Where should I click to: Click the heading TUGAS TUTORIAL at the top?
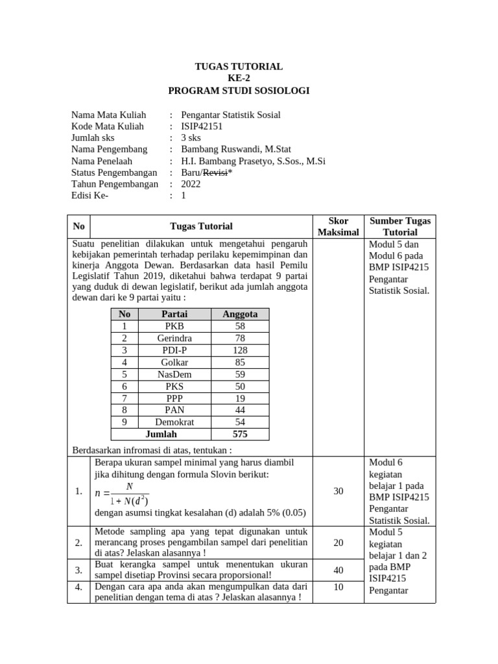click(239, 67)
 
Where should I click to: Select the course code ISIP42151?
click(202, 126)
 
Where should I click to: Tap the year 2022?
click(191, 184)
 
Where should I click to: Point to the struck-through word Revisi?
click(215, 172)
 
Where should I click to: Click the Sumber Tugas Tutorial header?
click(400, 226)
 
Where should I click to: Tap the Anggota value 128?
click(240, 350)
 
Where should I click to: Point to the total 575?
click(240, 434)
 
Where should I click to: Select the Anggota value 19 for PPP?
click(240, 398)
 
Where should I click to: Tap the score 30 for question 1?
click(338, 492)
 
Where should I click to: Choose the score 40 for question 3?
click(338, 570)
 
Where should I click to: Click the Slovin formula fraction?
click(123, 493)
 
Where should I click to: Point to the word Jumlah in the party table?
click(161, 434)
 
